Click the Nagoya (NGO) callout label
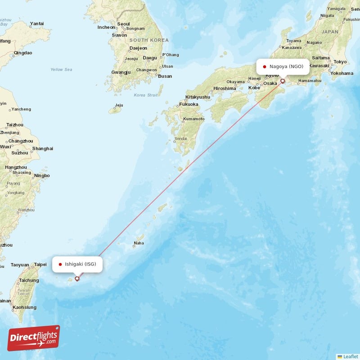click(283, 67)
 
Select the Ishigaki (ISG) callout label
click(77, 264)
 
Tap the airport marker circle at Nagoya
click(283, 81)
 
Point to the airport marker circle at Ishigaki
click(77, 279)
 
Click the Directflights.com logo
click(34, 338)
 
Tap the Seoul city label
click(123, 24)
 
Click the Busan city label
click(165, 76)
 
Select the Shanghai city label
click(43, 148)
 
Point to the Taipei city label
click(40, 265)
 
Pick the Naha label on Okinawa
click(139, 244)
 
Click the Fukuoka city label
click(189, 104)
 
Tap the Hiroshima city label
click(225, 88)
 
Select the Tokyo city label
click(340, 62)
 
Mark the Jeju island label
click(119, 105)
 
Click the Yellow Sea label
click(61, 69)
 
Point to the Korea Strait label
click(146, 95)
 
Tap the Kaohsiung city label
click(24, 307)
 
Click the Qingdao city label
click(23, 53)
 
